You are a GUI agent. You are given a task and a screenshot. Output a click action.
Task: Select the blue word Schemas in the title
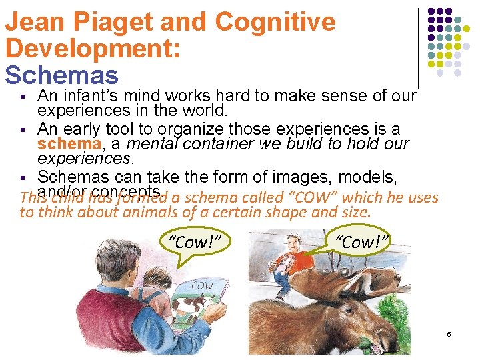(61, 75)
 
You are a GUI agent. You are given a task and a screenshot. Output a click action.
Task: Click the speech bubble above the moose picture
(362, 242)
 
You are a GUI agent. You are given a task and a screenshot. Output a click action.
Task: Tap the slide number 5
(449, 334)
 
